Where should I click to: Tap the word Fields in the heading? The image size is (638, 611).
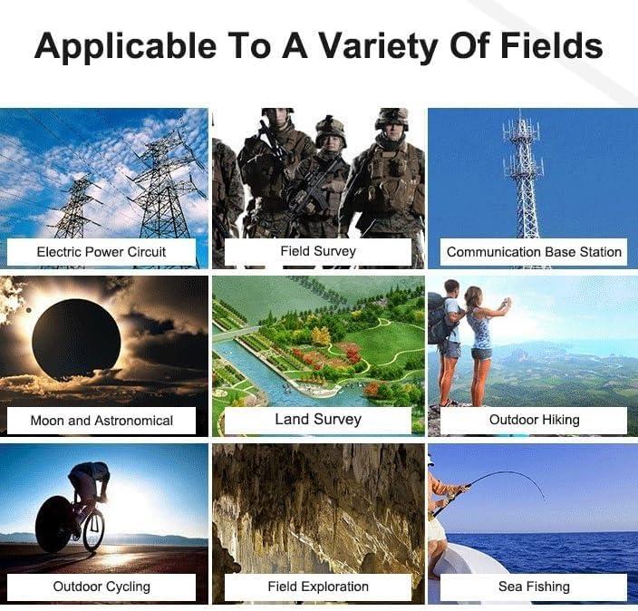click(548, 45)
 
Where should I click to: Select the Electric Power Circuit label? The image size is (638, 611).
click(101, 252)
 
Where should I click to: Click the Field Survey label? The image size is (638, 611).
click(318, 251)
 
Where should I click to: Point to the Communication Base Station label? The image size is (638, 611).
click(534, 252)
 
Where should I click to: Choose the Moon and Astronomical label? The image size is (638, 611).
click(101, 421)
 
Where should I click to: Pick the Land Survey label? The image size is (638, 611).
click(318, 419)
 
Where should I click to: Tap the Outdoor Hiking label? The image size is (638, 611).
click(534, 420)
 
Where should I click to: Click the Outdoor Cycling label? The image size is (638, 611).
click(101, 587)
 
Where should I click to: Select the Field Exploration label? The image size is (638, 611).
click(318, 587)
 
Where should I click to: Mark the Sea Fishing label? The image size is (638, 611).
click(534, 587)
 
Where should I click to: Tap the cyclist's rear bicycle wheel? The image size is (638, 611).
click(52, 524)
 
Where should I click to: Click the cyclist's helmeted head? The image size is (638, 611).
click(101, 470)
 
